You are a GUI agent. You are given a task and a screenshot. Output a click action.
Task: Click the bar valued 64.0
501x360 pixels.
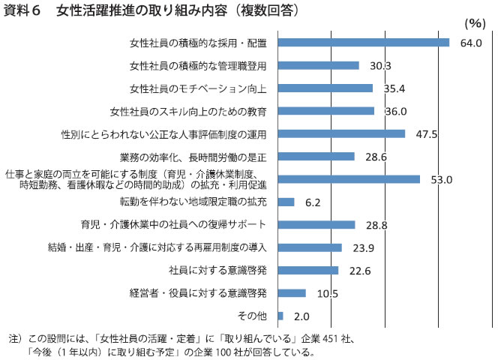pos(363,43)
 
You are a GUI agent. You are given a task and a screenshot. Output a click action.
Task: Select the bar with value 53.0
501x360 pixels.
pos(348,179)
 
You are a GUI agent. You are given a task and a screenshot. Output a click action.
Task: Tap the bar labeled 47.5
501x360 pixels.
pos(341,133)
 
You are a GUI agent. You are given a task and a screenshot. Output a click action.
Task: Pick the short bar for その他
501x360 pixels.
pos(280,316)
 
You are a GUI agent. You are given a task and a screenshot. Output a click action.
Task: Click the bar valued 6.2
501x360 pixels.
pos(286,202)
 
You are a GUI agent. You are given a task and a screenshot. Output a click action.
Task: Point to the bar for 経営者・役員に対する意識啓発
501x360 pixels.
pos(292,292)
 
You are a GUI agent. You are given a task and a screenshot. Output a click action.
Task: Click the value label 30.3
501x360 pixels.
pos(380,66)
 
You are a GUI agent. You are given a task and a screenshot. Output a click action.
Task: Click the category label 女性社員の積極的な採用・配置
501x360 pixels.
pos(198,43)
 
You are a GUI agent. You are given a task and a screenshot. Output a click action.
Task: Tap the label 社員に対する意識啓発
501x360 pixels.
pos(218,270)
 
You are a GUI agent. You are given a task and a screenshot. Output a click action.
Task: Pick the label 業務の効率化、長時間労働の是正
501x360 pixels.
pos(193,157)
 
